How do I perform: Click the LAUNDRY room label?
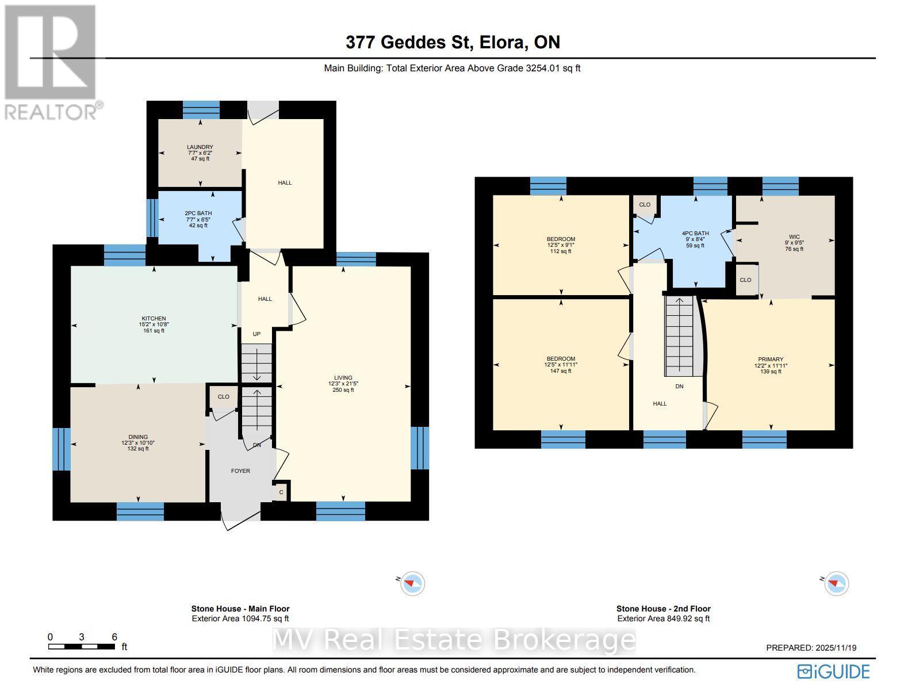200,147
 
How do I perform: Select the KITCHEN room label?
154,319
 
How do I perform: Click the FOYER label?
240,471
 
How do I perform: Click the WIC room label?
794,236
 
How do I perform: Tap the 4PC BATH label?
695,234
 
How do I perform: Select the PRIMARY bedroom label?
771,360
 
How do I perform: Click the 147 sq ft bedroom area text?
561,371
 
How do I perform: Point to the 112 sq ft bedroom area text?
561,251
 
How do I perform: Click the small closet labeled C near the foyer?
281,492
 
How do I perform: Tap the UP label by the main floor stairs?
256,334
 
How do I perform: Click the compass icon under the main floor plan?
412,583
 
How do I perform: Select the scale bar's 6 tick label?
114,637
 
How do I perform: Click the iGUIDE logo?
833,671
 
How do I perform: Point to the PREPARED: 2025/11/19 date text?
811,648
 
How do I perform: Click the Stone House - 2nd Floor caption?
663,609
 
